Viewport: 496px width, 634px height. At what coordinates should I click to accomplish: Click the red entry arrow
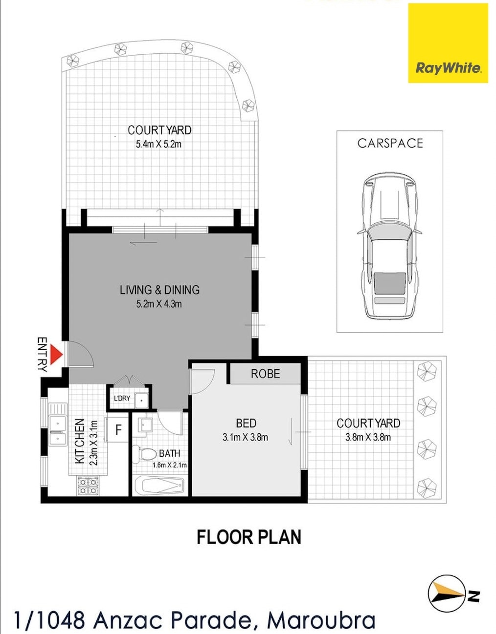pyautogui.click(x=56, y=354)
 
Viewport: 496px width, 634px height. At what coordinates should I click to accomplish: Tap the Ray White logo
pyautogui.click(x=448, y=43)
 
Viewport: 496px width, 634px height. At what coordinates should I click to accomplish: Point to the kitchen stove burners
pyautogui.click(x=88, y=486)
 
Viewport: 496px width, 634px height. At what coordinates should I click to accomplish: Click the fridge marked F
pyautogui.click(x=118, y=429)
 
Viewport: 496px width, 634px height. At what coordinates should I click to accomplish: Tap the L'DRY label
pyautogui.click(x=122, y=398)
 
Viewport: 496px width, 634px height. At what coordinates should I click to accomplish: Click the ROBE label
pyautogui.click(x=265, y=374)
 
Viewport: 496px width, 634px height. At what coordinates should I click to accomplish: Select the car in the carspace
pyautogui.click(x=389, y=246)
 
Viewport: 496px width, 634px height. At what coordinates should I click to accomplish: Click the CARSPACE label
pyautogui.click(x=390, y=143)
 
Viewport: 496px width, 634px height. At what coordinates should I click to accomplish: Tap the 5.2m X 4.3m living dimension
pyautogui.click(x=159, y=304)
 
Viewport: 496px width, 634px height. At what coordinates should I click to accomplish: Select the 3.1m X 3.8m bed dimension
pyautogui.click(x=245, y=437)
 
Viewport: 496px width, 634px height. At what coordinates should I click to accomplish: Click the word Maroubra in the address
pyautogui.click(x=321, y=621)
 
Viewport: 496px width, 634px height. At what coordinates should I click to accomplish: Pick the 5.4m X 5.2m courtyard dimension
pyautogui.click(x=158, y=144)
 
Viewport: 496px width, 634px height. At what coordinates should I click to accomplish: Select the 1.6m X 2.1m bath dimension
pyautogui.click(x=169, y=465)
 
